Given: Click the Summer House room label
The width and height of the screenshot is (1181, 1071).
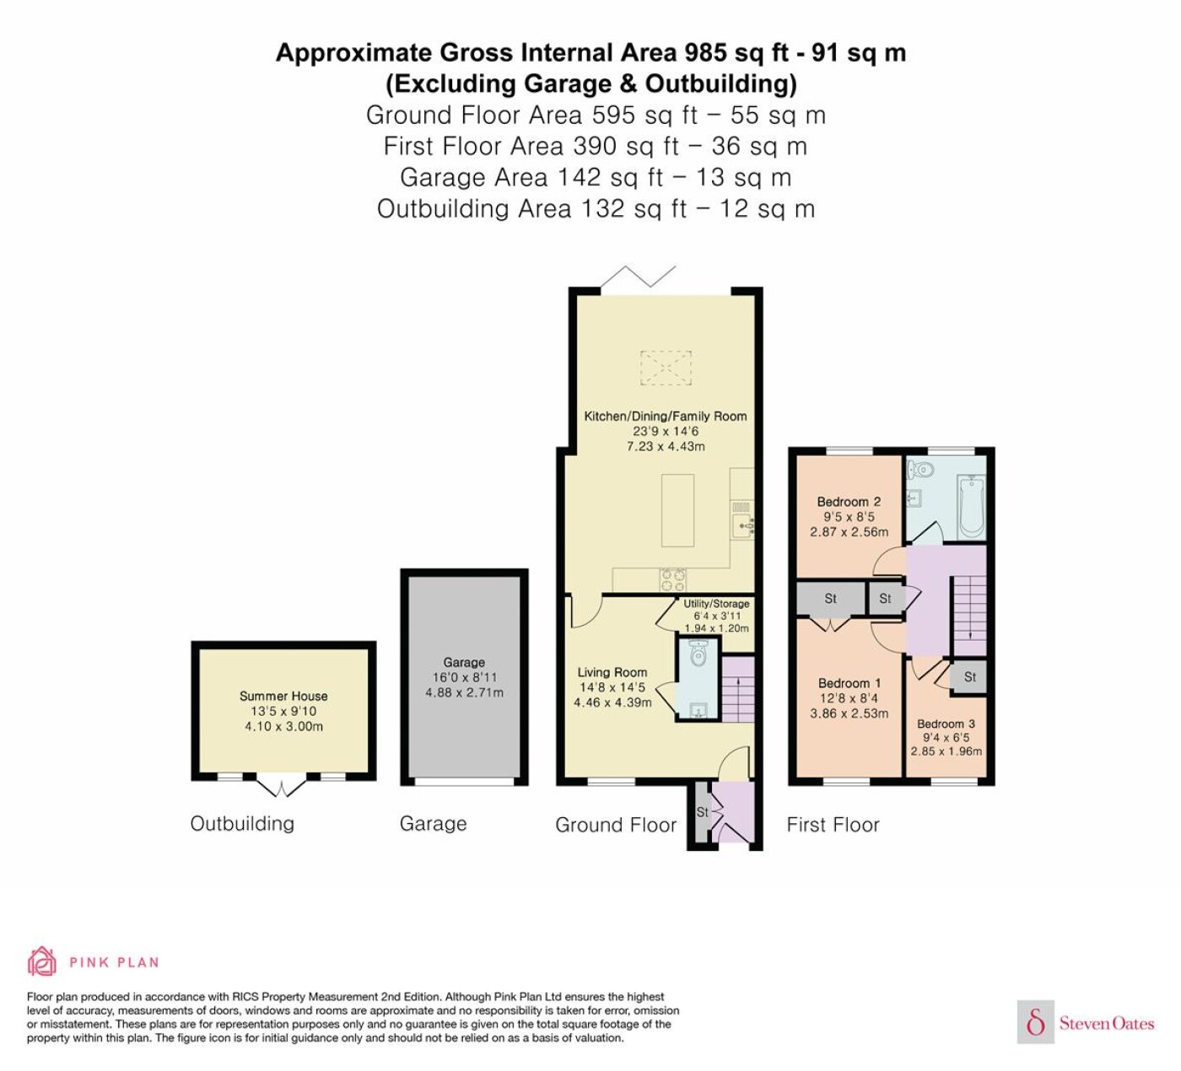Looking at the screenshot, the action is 283,696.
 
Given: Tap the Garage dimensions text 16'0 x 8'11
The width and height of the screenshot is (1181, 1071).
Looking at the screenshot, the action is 464,677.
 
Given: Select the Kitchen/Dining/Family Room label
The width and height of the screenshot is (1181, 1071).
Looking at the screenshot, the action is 666,416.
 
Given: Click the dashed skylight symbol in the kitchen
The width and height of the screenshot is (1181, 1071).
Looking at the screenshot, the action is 666,368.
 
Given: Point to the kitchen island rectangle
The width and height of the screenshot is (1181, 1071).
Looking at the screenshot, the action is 677,510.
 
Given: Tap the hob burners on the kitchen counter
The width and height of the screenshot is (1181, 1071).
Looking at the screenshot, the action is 673,579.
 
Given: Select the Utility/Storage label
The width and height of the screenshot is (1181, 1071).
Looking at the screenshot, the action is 716,604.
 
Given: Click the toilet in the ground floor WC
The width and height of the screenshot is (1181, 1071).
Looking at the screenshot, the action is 698,654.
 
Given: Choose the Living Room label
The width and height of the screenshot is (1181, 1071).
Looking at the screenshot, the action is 612,672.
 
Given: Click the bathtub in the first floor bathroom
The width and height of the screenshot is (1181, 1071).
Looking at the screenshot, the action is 972,507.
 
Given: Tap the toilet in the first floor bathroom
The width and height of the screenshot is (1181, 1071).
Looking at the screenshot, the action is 919,470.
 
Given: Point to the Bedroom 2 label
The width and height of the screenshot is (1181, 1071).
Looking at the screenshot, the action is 849,502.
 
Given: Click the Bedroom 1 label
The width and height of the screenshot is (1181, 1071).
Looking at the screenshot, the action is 849,683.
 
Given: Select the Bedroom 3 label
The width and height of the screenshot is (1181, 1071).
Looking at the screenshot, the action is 946,724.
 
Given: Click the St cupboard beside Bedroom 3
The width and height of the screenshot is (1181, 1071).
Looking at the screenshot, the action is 969,678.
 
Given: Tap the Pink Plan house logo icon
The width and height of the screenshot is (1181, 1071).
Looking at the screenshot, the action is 42,961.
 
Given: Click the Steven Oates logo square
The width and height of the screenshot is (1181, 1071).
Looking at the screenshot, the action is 1036,1021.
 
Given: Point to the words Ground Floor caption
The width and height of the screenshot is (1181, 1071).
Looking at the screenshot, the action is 616,825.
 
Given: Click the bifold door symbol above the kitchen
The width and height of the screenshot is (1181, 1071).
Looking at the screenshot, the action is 639,276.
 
